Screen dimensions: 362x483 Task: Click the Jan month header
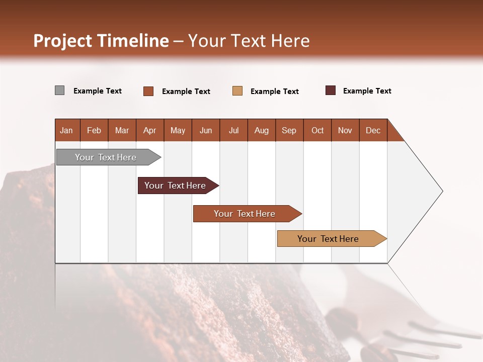pos(66,130)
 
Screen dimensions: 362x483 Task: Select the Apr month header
pos(150,130)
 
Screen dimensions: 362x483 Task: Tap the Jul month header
pos(233,130)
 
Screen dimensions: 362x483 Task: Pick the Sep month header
pos(289,130)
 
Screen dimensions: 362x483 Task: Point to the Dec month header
pos(373,130)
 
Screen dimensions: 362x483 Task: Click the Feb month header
pos(94,130)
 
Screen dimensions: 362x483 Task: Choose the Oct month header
pos(317,130)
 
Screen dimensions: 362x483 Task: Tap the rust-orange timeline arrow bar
pos(245,214)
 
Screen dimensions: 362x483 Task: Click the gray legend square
pos(60,90)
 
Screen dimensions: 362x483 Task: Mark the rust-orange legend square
pos(148,91)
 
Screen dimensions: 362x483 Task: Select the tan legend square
pos(237,91)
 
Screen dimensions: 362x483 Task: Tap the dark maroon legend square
pos(331,90)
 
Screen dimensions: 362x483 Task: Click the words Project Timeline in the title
pos(101,41)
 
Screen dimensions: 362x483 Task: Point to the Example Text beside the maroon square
pos(367,91)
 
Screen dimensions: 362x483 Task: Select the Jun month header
pos(206,130)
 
